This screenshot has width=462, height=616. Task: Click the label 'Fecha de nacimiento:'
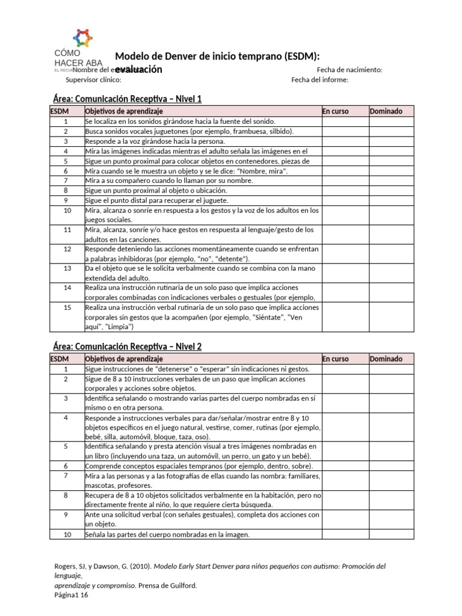[x=350, y=70]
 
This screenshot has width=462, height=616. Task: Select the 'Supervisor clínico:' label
[x=93, y=79]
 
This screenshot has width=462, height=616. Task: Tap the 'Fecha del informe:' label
[x=319, y=79]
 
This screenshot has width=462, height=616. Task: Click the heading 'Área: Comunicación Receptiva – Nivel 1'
[x=125, y=99]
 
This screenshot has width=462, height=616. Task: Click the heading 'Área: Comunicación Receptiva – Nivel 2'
[x=125, y=346]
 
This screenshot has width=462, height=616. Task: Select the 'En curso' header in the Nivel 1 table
[x=336, y=111]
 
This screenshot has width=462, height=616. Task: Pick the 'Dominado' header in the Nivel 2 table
[x=386, y=359]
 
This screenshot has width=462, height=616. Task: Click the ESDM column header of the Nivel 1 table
[x=60, y=111]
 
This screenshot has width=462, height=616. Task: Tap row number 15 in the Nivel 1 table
[x=67, y=307]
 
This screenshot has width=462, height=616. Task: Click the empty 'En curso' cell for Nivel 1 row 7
[x=344, y=180]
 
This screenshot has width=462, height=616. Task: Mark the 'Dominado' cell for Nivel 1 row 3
[x=391, y=141]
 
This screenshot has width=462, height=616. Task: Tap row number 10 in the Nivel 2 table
[x=67, y=534]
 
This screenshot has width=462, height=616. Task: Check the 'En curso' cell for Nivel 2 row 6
[x=344, y=466]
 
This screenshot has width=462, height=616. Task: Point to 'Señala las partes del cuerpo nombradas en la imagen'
[x=167, y=534]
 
